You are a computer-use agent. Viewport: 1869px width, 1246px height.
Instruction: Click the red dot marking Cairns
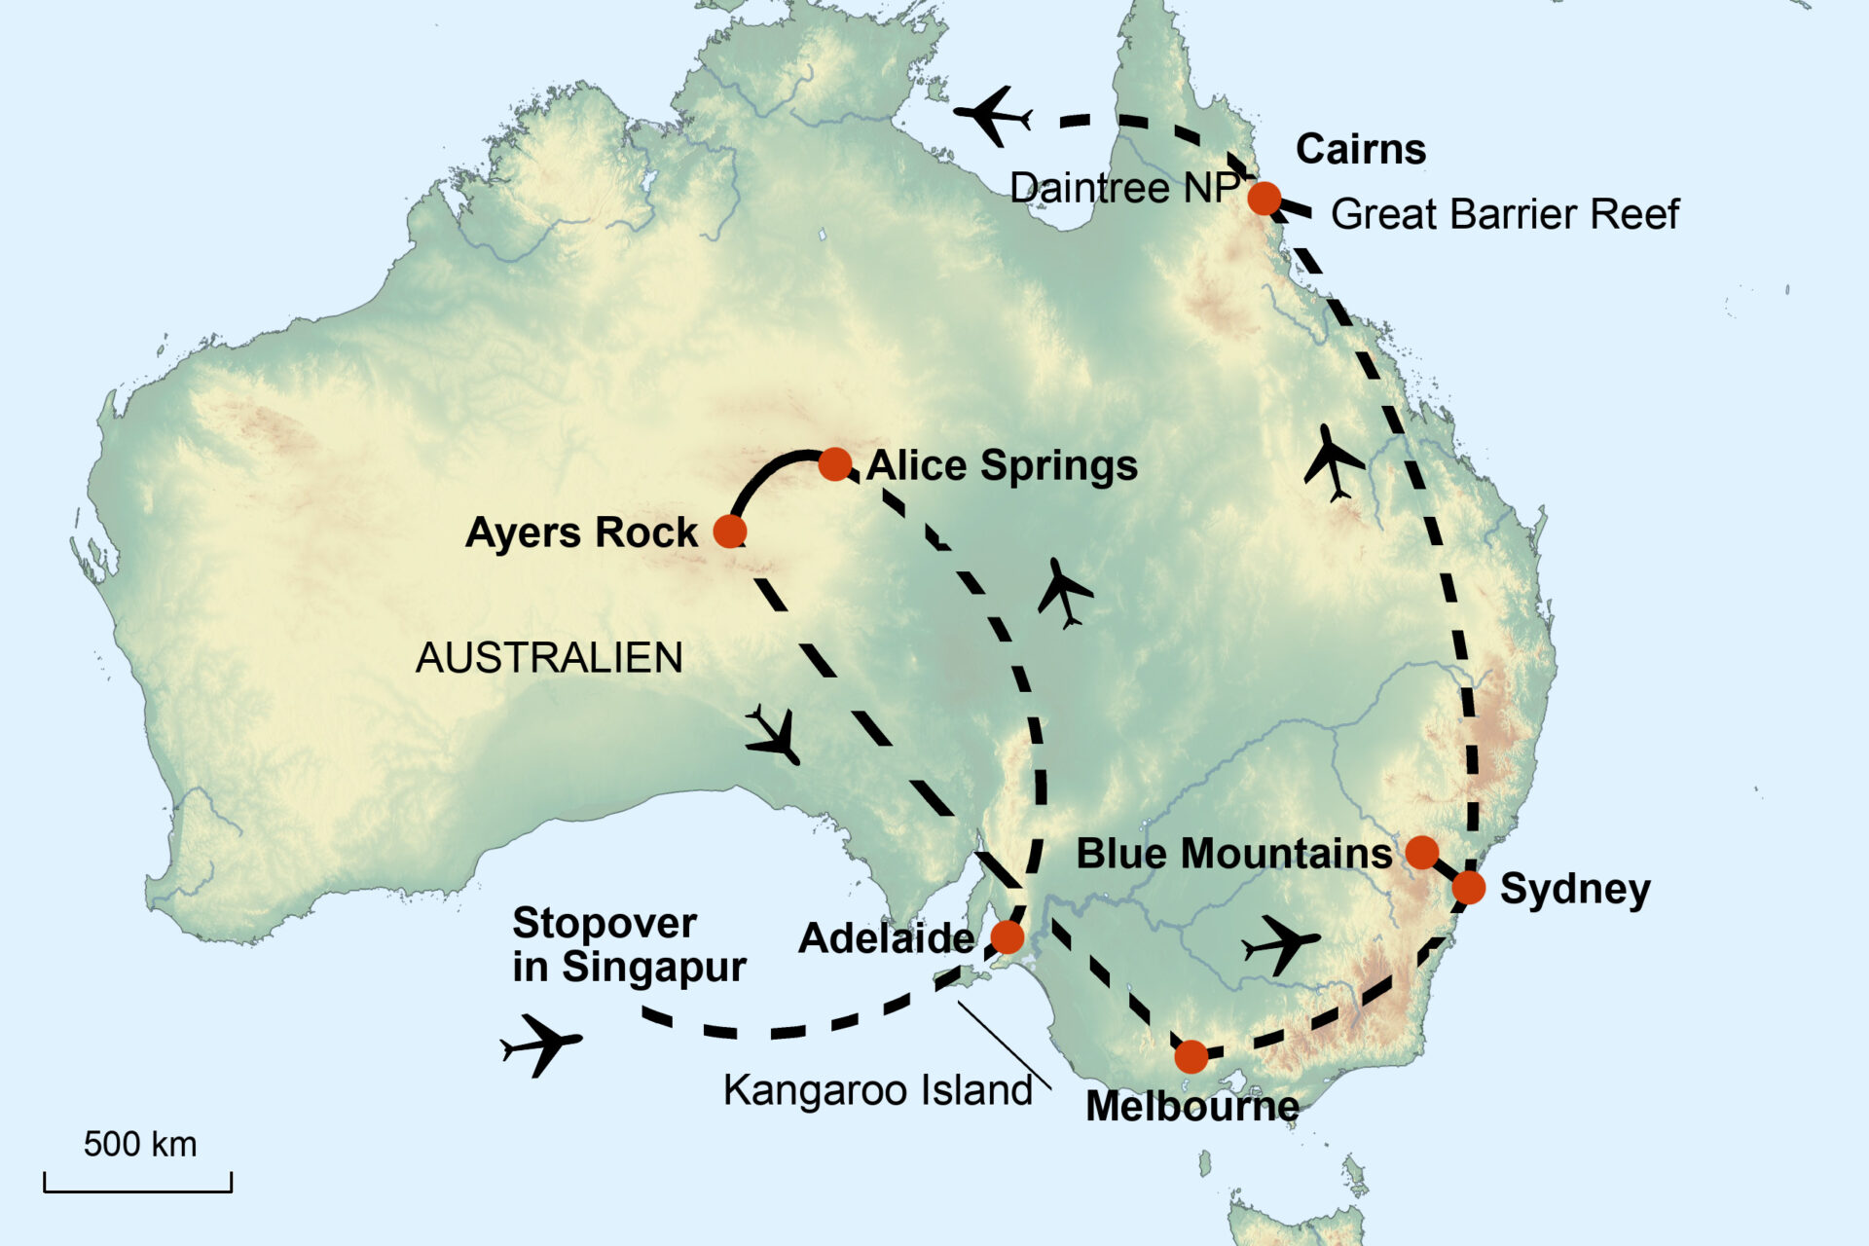coord(1264,199)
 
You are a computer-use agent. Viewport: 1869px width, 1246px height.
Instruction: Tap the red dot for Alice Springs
coord(835,464)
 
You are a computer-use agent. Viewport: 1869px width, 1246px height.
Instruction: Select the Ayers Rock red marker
coord(730,531)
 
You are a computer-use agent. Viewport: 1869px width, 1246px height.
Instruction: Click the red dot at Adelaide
coord(1008,937)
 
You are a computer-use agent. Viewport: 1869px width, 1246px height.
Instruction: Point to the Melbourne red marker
coord(1191,1056)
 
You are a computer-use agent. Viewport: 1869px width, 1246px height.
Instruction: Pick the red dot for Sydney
coord(1469,888)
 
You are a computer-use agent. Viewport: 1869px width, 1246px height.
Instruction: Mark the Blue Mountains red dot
coord(1422,853)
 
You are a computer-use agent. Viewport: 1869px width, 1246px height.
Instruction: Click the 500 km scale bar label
coord(140,1145)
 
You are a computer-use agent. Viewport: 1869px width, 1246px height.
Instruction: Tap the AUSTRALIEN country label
coord(549,658)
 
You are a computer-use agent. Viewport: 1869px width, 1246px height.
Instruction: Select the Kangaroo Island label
coord(877,1090)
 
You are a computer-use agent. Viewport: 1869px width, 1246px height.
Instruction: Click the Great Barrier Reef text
coord(1505,214)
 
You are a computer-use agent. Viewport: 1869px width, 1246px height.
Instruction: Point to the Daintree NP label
coord(1124,188)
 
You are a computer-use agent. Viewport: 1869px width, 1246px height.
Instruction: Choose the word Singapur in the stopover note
coord(654,967)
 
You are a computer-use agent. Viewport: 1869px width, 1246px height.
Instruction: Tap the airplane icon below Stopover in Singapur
coord(541,1044)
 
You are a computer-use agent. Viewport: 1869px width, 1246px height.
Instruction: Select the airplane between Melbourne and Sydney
coord(1282,943)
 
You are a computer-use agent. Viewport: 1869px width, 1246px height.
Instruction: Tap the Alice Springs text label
coord(1002,465)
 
